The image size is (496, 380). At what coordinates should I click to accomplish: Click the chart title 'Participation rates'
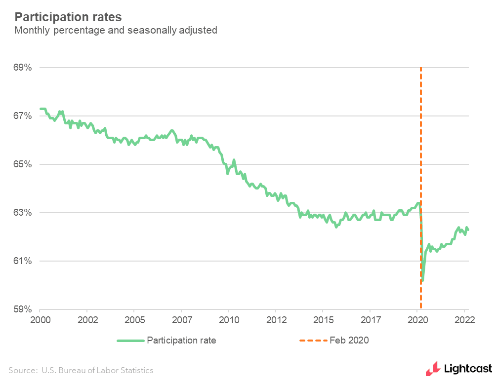click(68, 17)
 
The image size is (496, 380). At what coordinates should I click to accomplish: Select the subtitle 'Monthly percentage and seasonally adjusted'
click(116, 31)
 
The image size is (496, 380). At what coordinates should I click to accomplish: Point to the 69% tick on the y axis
click(22, 68)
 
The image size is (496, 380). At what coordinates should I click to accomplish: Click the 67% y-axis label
click(22, 116)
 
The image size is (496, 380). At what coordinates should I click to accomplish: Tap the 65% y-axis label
click(22, 164)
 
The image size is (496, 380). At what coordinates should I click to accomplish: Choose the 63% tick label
click(22, 213)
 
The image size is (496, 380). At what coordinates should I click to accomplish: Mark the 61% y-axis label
click(22, 261)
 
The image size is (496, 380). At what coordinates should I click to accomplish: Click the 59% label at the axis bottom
click(22, 309)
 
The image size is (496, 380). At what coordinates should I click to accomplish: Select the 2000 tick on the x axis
click(40, 319)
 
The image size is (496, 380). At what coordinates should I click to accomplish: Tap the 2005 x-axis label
click(134, 319)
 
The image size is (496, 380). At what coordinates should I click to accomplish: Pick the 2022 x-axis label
click(464, 319)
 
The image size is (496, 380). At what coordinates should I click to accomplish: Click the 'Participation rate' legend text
click(181, 341)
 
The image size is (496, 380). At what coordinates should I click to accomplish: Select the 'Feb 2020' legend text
click(349, 341)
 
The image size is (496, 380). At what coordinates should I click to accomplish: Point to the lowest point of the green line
click(423, 280)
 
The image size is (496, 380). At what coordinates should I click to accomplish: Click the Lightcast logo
click(459, 368)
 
